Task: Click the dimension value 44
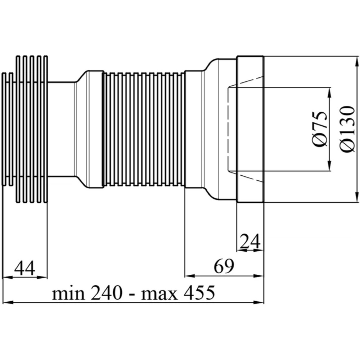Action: click(x=24, y=268)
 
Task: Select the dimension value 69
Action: click(x=224, y=266)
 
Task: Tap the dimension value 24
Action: click(x=250, y=241)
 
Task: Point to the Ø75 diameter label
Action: click(x=320, y=129)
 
